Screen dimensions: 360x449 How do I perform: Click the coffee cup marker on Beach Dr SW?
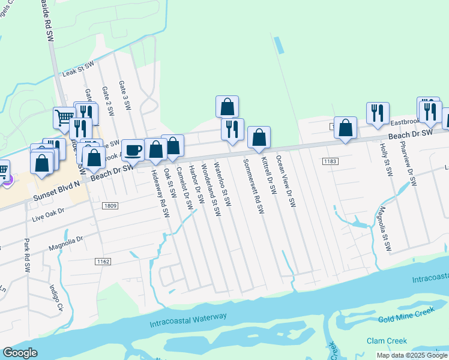pyautogui.click(x=133, y=149)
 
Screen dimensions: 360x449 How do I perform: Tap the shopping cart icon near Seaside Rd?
pyautogui.click(x=64, y=117)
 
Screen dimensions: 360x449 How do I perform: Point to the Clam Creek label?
pyautogui.click(x=387, y=341)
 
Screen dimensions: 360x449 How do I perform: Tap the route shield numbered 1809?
pyautogui.click(x=109, y=205)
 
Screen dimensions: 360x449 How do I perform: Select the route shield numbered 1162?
pyautogui.click(x=103, y=262)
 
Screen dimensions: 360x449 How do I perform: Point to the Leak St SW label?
pyautogui.click(x=79, y=69)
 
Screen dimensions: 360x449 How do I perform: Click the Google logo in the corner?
pyautogui.click(x=20, y=353)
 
